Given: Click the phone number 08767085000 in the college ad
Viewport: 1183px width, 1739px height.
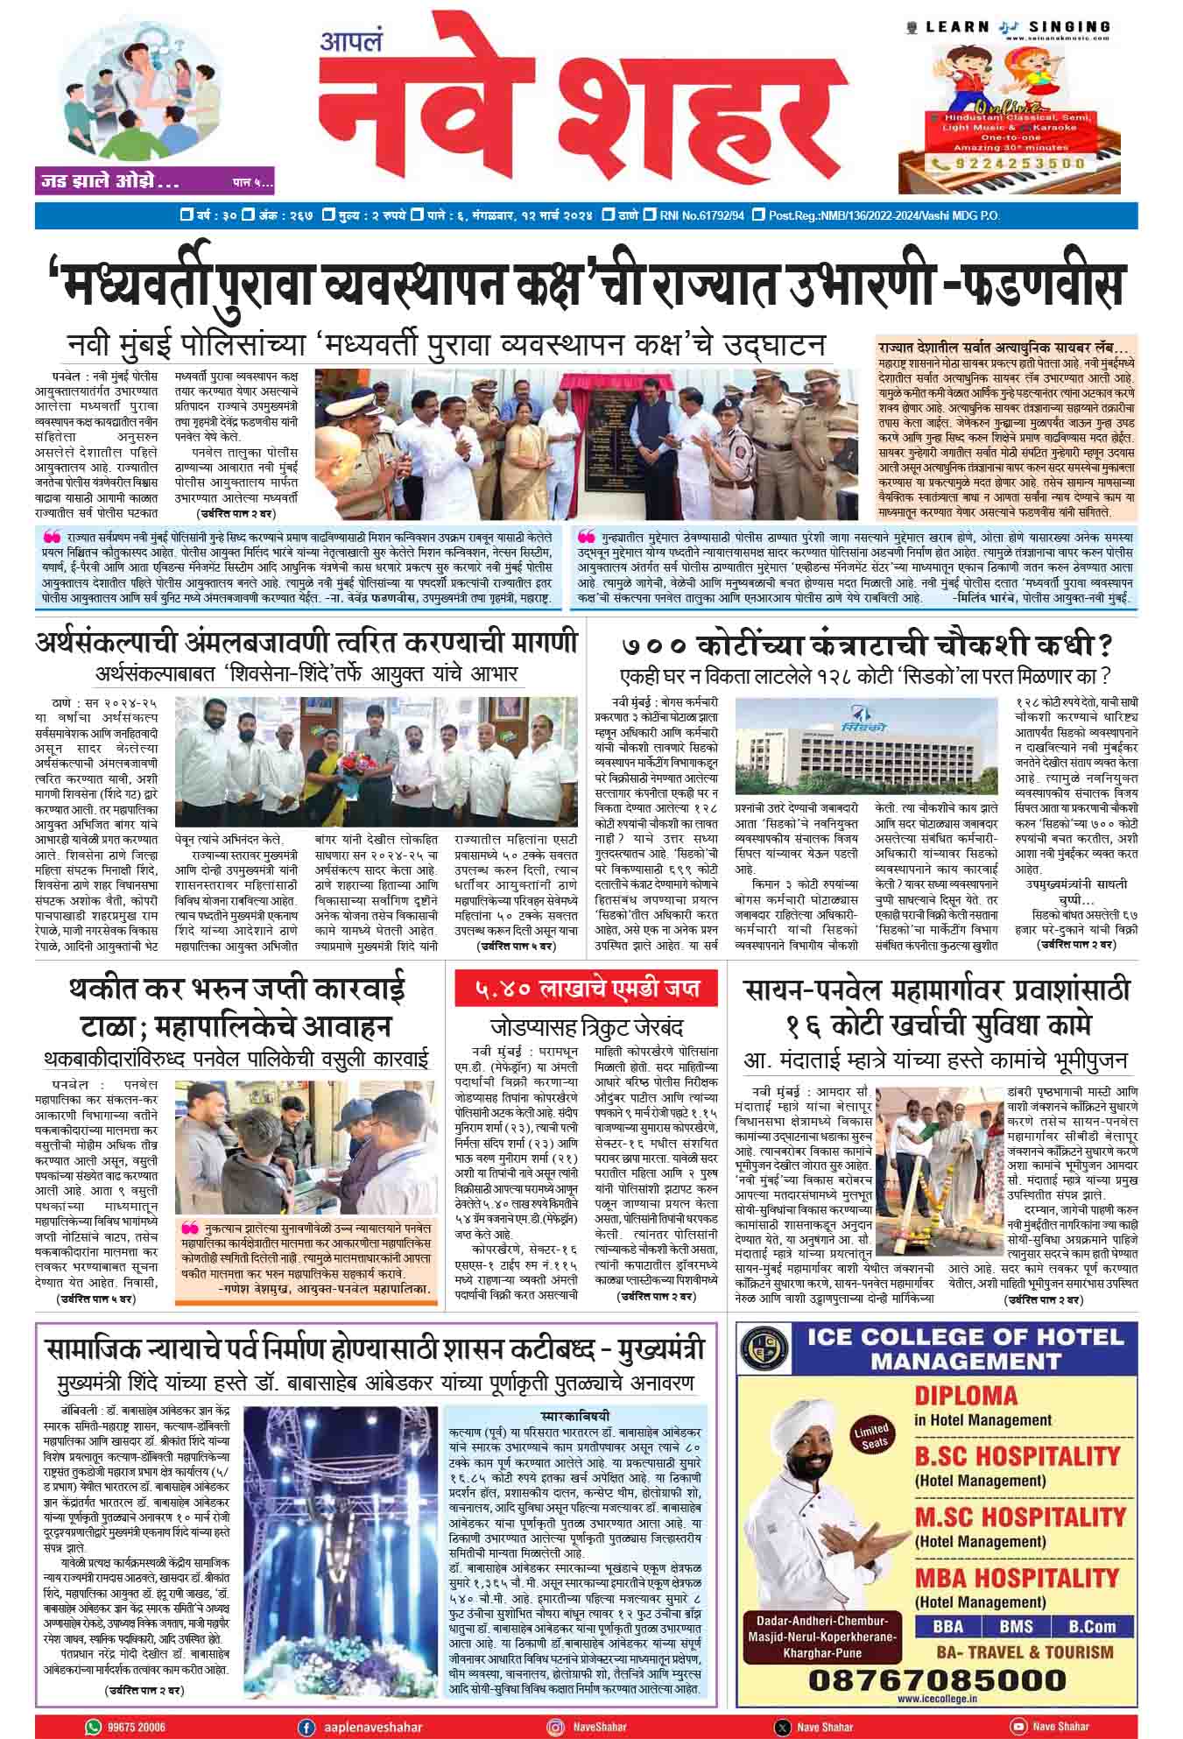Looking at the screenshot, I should click(x=937, y=1679).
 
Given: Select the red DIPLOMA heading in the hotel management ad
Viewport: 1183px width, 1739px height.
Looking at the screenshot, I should click(x=954, y=1395).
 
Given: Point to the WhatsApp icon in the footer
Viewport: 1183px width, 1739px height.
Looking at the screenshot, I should click(x=94, y=1726).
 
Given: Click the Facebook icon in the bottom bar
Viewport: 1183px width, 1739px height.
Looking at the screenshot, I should click(x=306, y=1726).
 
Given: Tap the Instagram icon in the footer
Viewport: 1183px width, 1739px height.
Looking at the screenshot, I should click(x=555, y=1726).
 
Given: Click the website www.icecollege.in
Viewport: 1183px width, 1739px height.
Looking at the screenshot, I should click(x=937, y=1700).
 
